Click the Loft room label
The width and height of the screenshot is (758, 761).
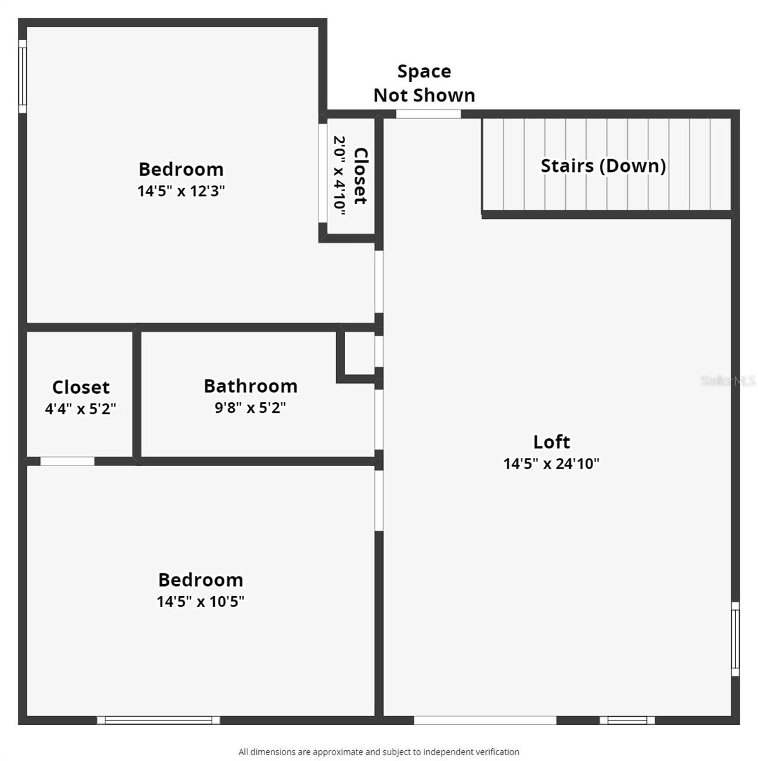[551, 442]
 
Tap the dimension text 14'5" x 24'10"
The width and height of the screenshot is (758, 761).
[551, 464]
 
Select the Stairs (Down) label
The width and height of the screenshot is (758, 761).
[603, 166]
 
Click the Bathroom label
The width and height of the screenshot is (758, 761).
[250, 386]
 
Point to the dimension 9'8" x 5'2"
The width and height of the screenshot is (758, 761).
[250, 408]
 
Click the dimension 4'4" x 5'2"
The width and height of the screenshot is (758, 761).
[80, 409]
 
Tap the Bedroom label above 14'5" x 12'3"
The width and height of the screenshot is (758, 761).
[181, 169]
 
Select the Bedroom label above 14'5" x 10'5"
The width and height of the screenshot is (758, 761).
[200, 580]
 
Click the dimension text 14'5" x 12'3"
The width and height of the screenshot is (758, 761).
[181, 191]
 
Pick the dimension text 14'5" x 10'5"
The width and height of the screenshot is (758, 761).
[200, 601]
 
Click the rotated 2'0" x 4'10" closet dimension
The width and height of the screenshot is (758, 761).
[339, 176]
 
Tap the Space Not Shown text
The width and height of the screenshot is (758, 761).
[424, 83]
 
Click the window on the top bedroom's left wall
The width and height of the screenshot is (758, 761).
[22, 76]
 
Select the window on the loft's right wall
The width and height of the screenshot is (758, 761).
[735, 639]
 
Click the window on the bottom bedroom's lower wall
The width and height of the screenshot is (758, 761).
[159, 720]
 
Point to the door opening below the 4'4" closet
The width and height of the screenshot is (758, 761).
[67, 461]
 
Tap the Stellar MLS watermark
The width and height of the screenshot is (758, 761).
[728, 380]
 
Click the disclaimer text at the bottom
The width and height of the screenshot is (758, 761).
[379, 752]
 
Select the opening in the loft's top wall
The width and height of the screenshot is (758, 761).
[428, 114]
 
